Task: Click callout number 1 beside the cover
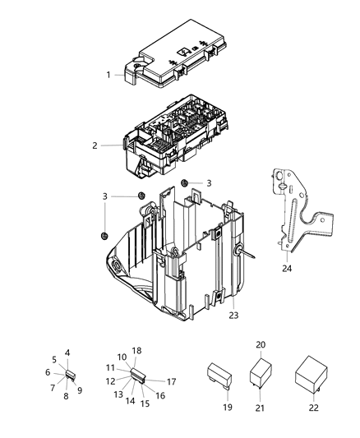tap(108, 75)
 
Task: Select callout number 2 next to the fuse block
tap(95, 145)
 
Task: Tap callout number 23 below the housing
tap(233, 314)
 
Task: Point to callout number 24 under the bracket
tap(286, 268)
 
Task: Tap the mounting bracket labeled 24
tap(298, 214)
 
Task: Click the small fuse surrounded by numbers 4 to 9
tap(70, 374)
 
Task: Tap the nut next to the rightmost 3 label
tap(185, 182)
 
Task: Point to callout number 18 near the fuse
tap(137, 351)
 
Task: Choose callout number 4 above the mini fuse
tap(67, 353)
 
